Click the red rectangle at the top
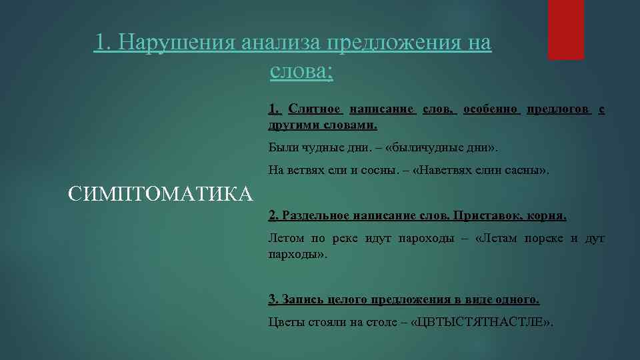(x=565, y=29)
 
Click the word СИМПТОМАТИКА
(x=161, y=194)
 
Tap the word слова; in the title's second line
(x=302, y=71)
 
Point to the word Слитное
(x=315, y=109)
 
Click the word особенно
(x=491, y=109)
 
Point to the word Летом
(x=286, y=238)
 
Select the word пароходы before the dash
(x=426, y=238)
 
